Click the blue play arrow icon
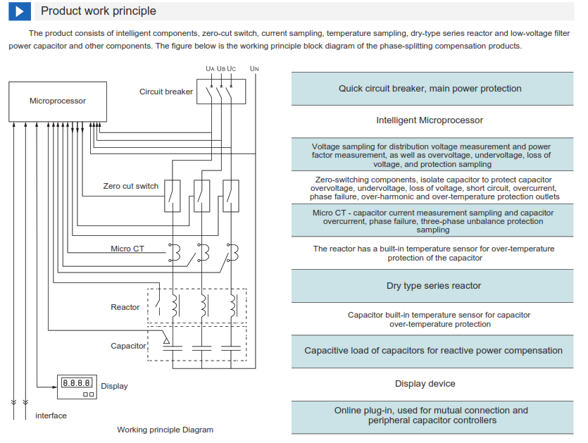point(20,11)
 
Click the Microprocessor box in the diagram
point(58,101)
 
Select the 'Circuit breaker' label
point(165,92)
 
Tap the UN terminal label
point(254,68)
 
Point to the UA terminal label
point(210,68)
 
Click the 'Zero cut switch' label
point(131,186)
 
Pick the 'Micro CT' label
point(127,249)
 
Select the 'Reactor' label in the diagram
point(125,307)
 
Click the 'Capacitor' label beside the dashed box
point(128,346)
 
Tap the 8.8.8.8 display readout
point(77,383)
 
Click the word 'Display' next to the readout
point(114,387)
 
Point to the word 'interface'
point(51,416)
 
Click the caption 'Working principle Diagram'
point(165,430)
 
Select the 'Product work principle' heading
point(99,11)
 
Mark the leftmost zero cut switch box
point(173,196)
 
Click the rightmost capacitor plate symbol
point(231,349)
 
